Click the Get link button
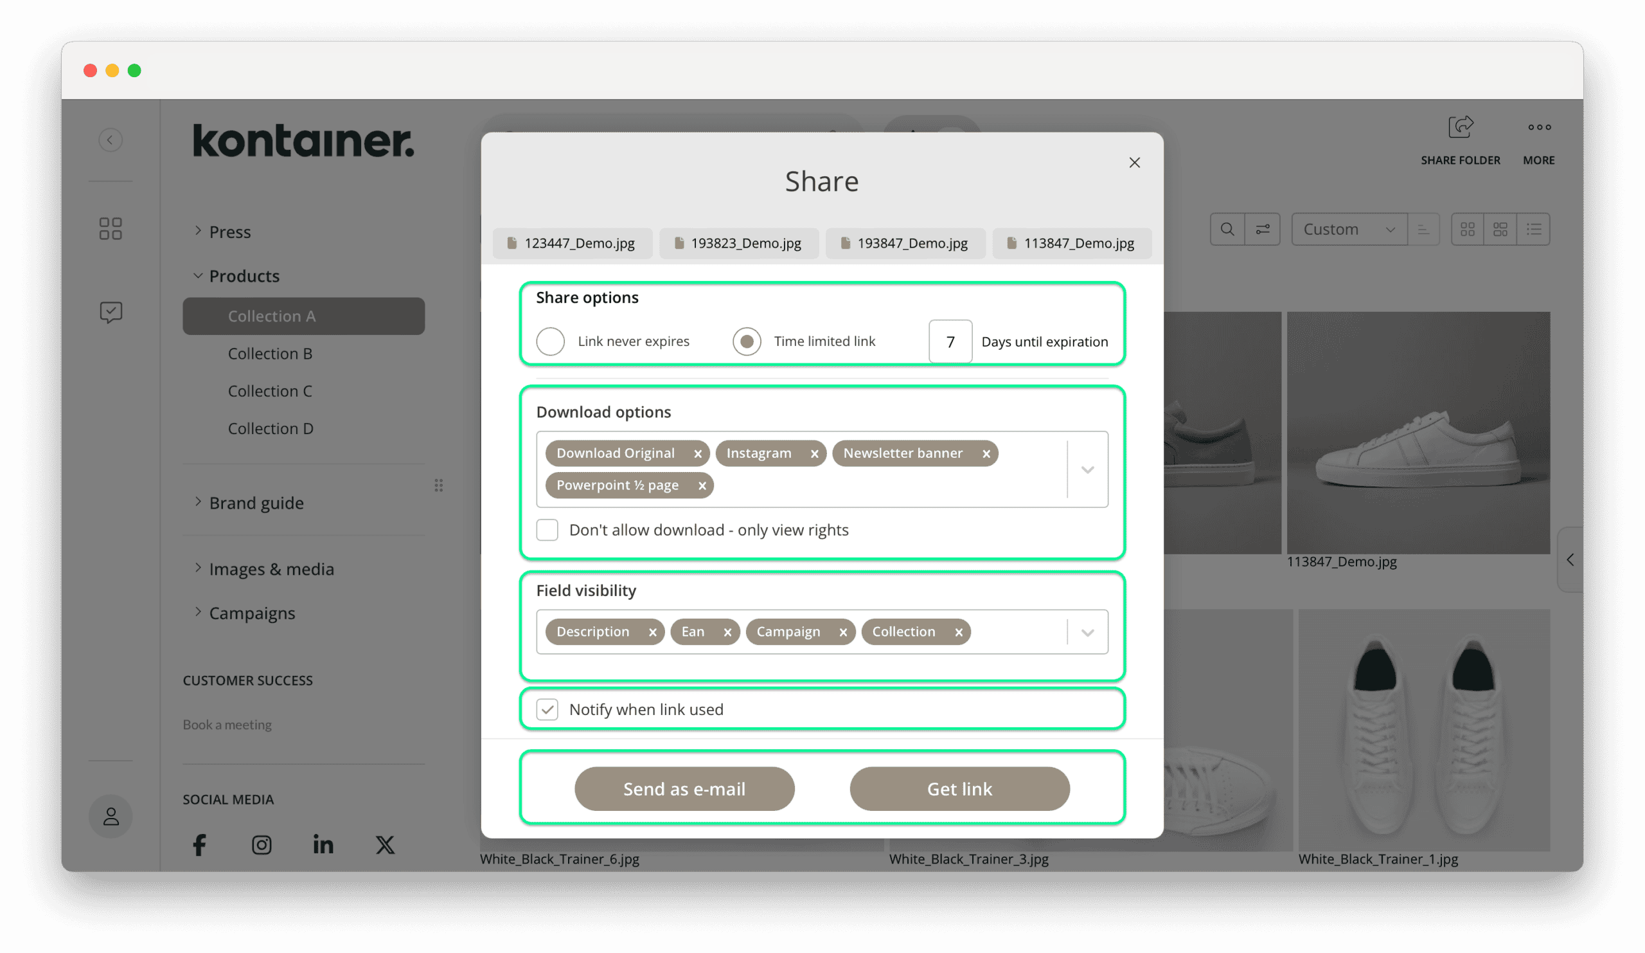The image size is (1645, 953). pos(959,788)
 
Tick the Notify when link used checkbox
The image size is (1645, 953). pos(547,709)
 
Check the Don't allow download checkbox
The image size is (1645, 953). pos(547,530)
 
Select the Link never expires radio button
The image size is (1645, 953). pos(550,341)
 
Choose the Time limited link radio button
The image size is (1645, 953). pos(746,341)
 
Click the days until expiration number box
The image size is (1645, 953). pos(950,341)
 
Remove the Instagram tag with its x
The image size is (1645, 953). pos(814,453)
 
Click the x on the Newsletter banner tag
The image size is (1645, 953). pos(986,453)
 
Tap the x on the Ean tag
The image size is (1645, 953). pos(727,631)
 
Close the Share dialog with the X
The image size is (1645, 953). pos(1134,163)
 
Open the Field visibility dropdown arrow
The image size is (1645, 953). pos(1087,632)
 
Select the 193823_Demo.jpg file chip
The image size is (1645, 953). pos(738,243)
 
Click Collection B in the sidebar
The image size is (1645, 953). pos(270,354)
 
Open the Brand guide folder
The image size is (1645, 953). pos(256,503)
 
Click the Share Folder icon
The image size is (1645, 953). pos(1459,127)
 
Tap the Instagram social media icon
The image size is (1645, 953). pos(262,844)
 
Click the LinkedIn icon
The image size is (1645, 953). pos(323,844)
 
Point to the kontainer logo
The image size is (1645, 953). pos(303,140)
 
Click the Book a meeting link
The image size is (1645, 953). pos(227,724)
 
